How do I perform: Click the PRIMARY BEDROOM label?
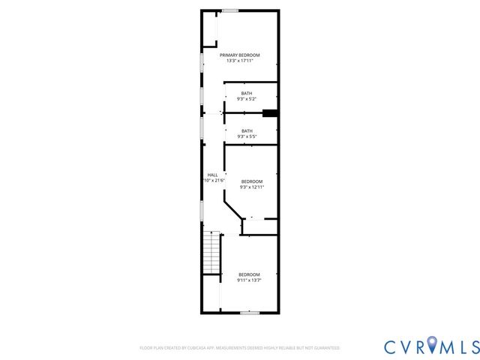click(x=240, y=55)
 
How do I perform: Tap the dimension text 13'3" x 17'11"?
click(x=240, y=61)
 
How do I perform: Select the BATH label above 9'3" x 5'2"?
click(x=247, y=93)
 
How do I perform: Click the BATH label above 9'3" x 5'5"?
click(x=247, y=130)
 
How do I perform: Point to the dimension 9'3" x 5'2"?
click(x=247, y=99)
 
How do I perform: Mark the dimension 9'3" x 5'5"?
click(x=247, y=136)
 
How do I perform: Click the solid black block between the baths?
click(x=270, y=114)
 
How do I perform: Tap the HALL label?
click(x=212, y=175)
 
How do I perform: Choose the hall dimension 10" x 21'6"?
click(x=214, y=181)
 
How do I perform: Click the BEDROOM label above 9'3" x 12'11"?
click(x=252, y=181)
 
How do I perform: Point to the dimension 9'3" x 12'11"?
click(x=252, y=187)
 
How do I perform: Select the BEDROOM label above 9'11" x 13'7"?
click(x=249, y=274)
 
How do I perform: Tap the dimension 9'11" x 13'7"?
click(x=249, y=280)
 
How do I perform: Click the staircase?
click(x=213, y=253)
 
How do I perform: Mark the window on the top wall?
click(x=230, y=10)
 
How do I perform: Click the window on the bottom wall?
click(x=250, y=312)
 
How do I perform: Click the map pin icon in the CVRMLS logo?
click(x=432, y=346)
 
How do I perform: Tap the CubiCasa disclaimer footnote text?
click(x=240, y=348)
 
